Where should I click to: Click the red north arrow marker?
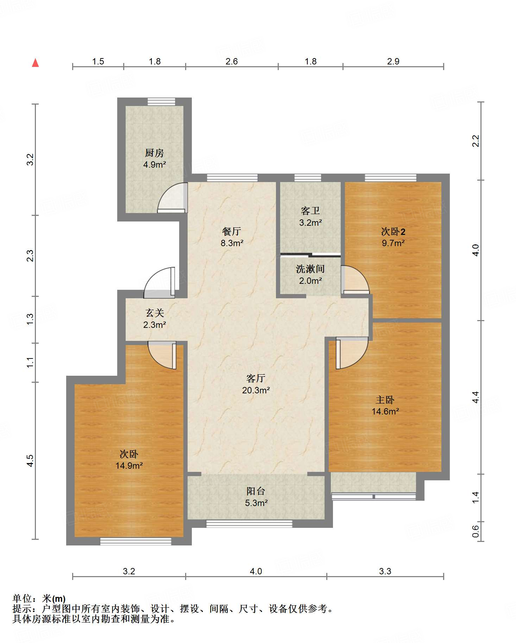coord(35,63)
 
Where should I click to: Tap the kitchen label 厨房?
coord(155,153)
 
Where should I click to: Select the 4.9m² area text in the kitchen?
coord(155,164)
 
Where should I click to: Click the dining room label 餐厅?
coord(232,231)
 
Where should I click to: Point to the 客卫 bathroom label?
coord(310,211)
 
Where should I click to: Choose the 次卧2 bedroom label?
coord(393,231)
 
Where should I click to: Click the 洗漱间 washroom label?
coord(310,269)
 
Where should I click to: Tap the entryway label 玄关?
coord(155,313)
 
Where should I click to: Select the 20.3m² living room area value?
coord(256,390)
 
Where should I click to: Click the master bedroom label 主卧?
coord(385,400)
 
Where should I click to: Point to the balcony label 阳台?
coord(256,491)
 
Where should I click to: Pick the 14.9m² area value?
coord(129,466)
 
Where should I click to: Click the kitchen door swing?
coord(172,198)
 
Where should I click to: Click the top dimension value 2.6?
coord(232,61)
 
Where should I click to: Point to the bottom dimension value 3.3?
coord(385,571)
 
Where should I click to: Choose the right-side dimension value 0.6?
coord(476,531)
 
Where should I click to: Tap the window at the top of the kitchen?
coord(161,102)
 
